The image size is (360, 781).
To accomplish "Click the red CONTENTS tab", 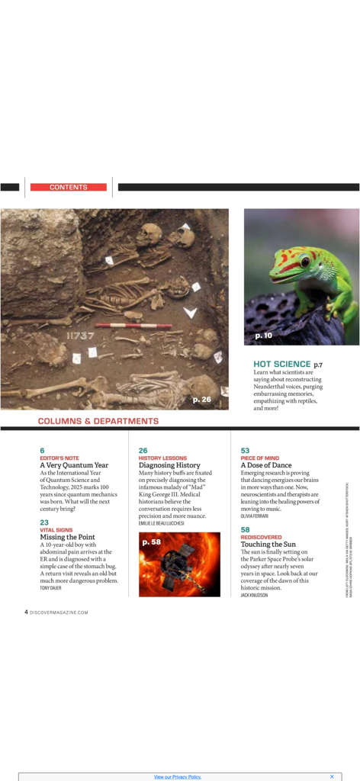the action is (69, 187).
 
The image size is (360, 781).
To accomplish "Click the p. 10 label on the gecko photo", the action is (263, 336).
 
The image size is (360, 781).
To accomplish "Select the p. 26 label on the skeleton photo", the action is (201, 399).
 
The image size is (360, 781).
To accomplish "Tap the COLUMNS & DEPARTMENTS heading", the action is (98, 421).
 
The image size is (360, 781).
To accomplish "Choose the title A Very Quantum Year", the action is (74, 465).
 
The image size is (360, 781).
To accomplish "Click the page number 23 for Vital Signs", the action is (43, 522).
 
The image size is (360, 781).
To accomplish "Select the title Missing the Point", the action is (67, 537).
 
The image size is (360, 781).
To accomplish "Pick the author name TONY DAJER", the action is (51, 588).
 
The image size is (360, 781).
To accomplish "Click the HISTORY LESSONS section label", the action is (162, 458).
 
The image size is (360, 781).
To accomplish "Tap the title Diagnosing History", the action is (169, 465).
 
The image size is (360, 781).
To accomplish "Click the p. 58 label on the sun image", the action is (151, 542).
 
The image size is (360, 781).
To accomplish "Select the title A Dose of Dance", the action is (266, 465).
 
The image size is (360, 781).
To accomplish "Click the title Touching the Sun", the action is (268, 545).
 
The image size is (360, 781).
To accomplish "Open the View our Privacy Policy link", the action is (177, 776).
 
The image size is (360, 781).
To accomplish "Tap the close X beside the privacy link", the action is (332, 776).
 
